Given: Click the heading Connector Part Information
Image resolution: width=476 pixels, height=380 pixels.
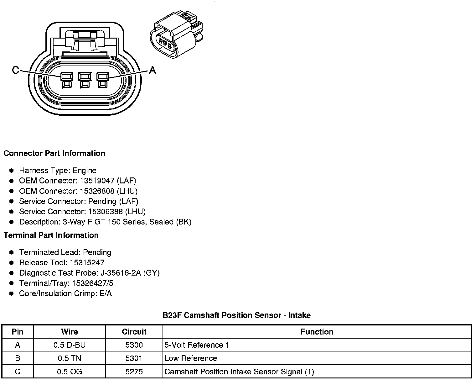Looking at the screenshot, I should (x=54, y=153).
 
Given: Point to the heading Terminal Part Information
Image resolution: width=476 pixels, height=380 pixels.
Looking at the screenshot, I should (x=51, y=235).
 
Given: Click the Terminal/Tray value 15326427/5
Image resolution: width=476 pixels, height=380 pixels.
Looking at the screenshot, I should (x=92, y=283).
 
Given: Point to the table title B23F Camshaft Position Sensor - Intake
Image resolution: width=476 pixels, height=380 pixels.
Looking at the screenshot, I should (x=236, y=315).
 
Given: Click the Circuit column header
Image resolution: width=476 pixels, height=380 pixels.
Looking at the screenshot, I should (x=134, y=332).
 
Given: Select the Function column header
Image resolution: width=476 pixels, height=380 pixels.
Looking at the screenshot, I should (x=317, y=332).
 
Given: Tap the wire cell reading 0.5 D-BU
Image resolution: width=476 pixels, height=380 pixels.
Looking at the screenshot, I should (x=69, y=345).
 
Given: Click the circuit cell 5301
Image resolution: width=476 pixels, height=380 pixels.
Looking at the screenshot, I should (x=134, y=358).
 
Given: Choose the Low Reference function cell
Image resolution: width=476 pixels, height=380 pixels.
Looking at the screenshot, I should (x=191, y=358).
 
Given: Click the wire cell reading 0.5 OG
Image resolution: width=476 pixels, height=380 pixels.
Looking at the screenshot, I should (x=69, y=372).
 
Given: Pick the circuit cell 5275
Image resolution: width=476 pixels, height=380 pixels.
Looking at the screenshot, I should (x=134, y=372).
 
